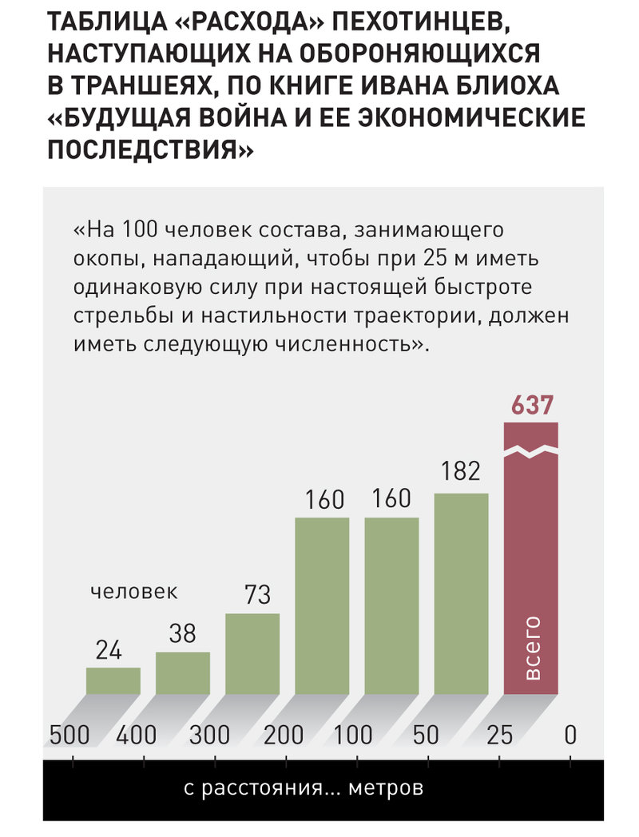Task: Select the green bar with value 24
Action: (113, 680)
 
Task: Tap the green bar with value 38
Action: (183, 672)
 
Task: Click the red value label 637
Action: (532, 405)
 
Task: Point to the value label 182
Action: (461, 471)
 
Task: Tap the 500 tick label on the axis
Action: (70, 735)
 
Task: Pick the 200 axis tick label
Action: (283, 735)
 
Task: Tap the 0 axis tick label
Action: (570, 735)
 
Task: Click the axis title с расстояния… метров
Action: (304, 789)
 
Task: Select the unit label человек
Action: (133, 592)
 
